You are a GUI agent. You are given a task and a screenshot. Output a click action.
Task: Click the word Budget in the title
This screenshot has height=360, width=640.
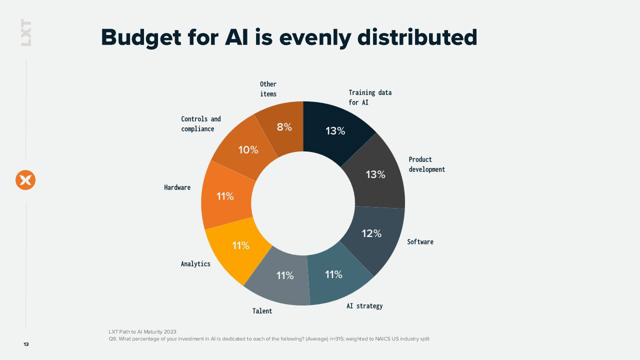coord(141,37)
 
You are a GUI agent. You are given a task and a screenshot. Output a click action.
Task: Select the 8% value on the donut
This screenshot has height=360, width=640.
coord(284,127)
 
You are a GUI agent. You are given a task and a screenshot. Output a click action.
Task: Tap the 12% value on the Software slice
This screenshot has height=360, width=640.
coord(371,233)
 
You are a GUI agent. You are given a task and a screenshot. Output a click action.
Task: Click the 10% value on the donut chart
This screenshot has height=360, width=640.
coord(248,150)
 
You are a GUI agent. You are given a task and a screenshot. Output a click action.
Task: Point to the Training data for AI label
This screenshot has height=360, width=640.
coord(370,97)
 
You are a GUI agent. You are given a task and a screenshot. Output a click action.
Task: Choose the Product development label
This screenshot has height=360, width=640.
coord(427,164)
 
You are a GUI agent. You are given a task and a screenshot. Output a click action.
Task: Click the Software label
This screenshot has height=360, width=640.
coord(420,242)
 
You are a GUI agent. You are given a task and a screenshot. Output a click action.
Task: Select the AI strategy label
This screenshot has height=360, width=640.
coord(364,306)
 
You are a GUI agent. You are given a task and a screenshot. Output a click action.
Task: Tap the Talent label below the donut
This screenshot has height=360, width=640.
coord(262,311)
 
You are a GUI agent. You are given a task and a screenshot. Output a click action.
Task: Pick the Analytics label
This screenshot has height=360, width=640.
coord(195,264)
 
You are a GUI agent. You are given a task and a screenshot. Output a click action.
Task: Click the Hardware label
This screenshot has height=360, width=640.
coord(177,187)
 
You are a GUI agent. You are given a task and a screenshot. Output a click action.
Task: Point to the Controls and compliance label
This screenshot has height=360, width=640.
coord(201,123)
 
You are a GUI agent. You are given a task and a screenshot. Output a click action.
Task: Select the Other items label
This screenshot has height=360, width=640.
coord(268,89)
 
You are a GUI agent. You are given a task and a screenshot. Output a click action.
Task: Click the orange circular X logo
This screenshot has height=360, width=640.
coord(25,180)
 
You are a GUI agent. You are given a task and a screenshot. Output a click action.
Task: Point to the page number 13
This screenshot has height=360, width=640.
coord(26,344)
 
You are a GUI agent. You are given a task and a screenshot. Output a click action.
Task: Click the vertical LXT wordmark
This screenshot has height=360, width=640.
coord(26,32)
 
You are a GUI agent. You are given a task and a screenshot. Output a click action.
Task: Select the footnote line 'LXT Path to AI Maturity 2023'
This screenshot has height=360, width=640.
coord(142,331)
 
